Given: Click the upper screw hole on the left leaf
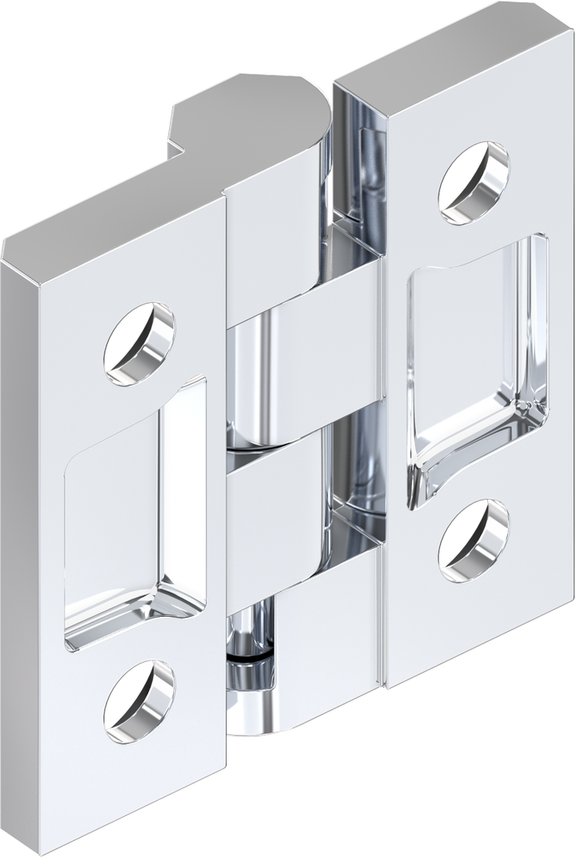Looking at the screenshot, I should coord(139,343).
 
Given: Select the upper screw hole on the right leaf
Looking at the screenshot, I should coord(475,182).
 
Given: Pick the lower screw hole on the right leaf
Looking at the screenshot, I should coord(474,541).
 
